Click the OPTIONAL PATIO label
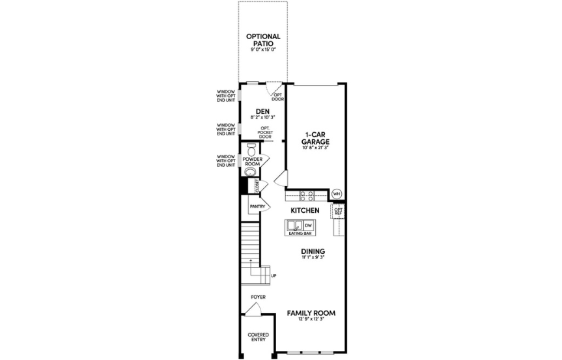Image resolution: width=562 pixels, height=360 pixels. pyautogui.click(x=263, y=40)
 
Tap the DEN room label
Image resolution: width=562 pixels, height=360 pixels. pyautogui.click(x=263, y=111)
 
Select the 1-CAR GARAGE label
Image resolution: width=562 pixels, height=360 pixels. pyautogui.click(x=316, y=139)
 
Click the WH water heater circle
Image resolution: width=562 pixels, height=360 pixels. pyautogui.click(x=337, y=193)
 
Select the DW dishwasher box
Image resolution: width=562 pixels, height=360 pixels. pyautogui.click(x=308, y=225)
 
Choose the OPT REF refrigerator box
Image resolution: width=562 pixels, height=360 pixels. pyautogui.click(x=338, y=211)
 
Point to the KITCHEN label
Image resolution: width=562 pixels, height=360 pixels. pyautogui.click(x=304, y=211)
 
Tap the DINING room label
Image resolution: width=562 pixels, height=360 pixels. pyautogui.click(x=313, y=251)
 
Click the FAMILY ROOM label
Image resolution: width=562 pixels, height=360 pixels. pyautogui.click(x=311, y=313)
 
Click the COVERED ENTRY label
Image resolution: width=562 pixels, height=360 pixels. pyautogui.click(x=258, y=337)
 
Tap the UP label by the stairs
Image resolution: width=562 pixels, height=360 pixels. pyautogui.click(x=273, y=275)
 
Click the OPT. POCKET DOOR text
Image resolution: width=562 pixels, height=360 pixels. pyautogui.click(x=265, y=132)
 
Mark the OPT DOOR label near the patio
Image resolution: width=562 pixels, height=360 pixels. pyautogui.click(x=277, y=97)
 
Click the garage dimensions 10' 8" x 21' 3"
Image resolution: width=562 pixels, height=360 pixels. pyautogui.click(x=316, y=148)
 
